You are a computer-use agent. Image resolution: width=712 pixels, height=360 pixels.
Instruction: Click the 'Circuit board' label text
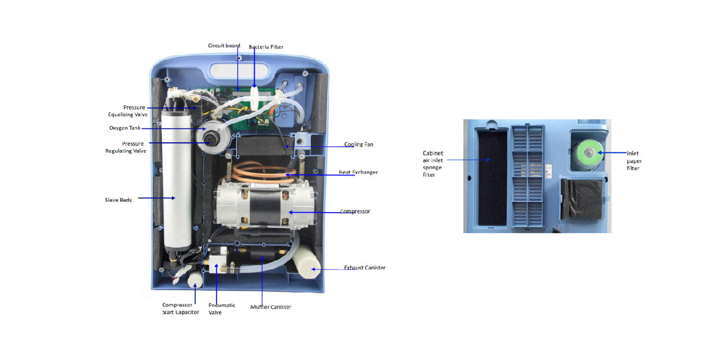click(x=223, y=45)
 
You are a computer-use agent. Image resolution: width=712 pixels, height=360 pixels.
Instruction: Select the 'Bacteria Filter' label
click(x=266, y=47)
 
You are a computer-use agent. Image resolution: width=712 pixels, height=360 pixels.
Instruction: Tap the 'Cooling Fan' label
click(x=358, y=144)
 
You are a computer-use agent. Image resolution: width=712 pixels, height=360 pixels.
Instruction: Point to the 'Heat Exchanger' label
click(x=358, y=172)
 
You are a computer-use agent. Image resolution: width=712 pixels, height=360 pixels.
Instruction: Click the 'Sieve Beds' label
click(x=118, y=200)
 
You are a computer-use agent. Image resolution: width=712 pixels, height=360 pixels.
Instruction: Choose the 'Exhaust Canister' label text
click(x=364, y=267)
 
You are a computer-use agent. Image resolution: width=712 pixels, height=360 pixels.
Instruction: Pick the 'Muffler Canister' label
click(x=271, y=307)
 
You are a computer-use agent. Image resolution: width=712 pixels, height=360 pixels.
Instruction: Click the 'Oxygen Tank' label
click(x=125, y=128)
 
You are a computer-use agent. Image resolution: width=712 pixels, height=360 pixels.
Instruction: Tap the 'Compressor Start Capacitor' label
click(x=180, y=308)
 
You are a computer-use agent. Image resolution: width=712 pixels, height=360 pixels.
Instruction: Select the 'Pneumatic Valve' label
click(x=222, y=308)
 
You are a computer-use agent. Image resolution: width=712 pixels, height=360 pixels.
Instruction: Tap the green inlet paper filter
click(x=587, y=152)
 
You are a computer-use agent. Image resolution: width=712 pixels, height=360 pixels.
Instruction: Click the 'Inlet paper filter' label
click(x=633, y=161)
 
